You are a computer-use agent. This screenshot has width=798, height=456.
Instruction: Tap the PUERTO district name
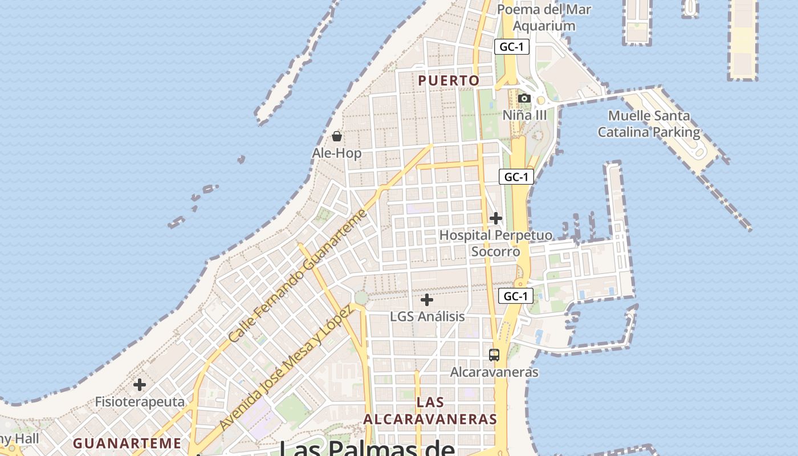(x=449, y=81)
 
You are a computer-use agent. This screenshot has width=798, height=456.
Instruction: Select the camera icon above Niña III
(x=524, y=99)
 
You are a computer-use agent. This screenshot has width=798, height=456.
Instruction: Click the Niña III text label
(x=524, y=116)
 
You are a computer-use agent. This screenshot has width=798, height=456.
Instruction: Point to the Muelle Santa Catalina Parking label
(x=649, y=124)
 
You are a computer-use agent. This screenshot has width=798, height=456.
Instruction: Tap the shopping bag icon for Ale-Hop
(x=337, y=136)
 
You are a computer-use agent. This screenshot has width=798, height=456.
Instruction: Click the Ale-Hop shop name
(x=337, y=153)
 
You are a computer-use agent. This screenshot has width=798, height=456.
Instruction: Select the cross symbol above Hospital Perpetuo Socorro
(x=496, y=218)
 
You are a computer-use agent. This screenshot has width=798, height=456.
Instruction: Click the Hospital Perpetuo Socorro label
(x=496, y=243)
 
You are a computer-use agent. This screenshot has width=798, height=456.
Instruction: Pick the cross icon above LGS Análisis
(x=427, y=300)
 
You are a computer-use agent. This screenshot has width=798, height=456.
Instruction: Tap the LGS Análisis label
(x=427, y=316)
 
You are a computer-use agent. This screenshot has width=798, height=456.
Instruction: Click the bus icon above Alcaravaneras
(x=494, y=355)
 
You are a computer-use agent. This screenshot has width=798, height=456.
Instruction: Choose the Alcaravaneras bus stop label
(x=494, y=372)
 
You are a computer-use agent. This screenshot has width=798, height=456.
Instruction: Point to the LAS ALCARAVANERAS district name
(x=430, y=411)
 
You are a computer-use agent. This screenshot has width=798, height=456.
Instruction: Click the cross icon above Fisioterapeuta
(x=140, y=385)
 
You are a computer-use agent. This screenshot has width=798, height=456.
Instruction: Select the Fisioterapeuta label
(x=140, y=402)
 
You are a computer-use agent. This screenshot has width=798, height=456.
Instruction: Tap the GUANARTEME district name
(x=127, y=443)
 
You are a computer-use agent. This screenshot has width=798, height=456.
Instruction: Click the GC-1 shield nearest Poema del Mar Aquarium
(x=512, y=47)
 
